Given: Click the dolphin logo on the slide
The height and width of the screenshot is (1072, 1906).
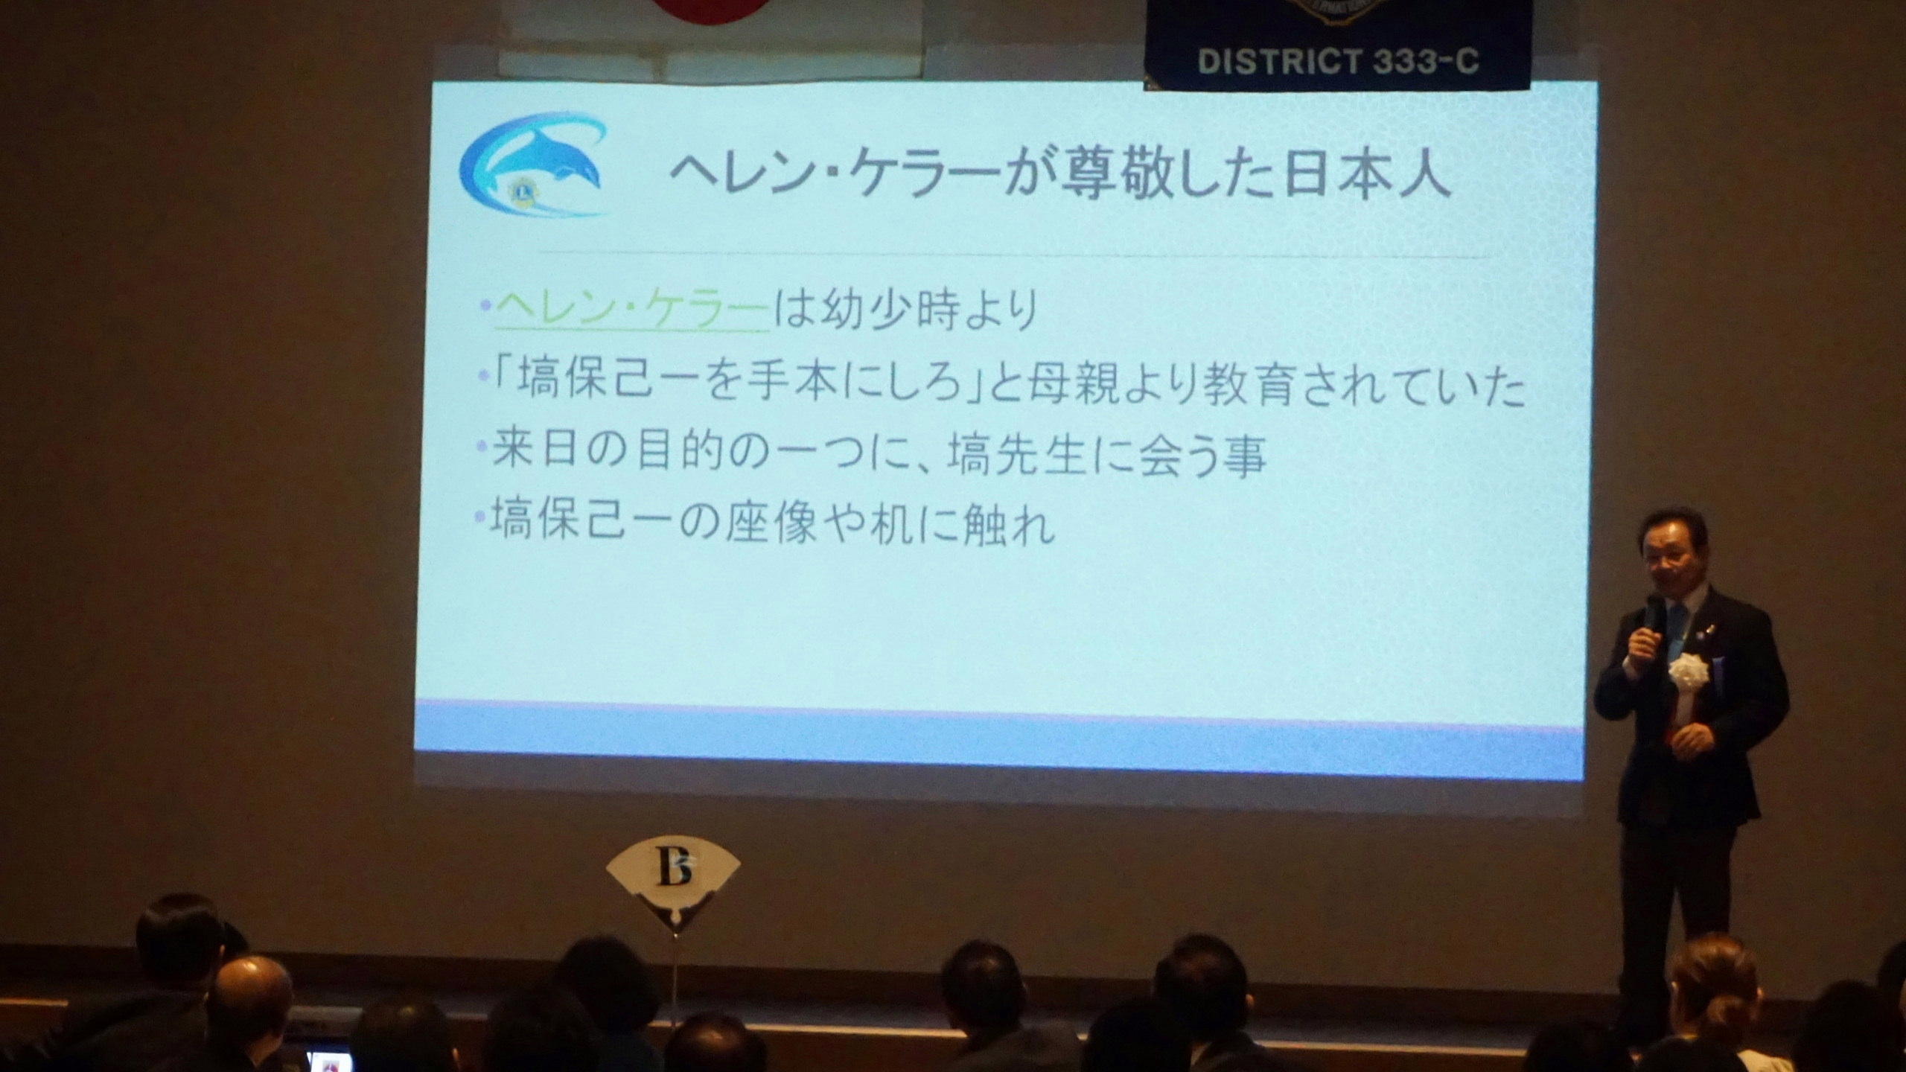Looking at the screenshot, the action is point(533,165).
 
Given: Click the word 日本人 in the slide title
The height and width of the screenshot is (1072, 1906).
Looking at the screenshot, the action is point(1365,173).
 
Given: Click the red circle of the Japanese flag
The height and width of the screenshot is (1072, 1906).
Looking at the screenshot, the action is point(710,10).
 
